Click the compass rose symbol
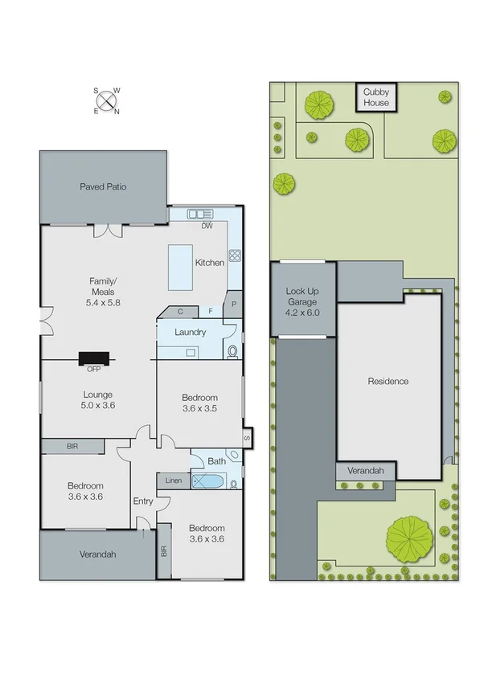[x=106, y=100]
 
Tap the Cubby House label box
[x=375, y=98]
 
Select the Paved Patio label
[x=103, y=186]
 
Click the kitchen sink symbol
[x=198, y=214]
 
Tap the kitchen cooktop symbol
[x=236, y=256]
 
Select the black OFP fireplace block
[x=95, y=359]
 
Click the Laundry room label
[x=190, y=332]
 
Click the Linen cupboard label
[x=174, y=481]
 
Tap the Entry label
[x=143, y=501]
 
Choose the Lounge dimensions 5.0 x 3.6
[x=97, y=406]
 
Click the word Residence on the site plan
[x=388, y=381]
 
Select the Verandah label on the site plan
[x=365, y=471]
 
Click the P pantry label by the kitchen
[x=233, y=304]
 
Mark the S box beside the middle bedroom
[x=247, y=438]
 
